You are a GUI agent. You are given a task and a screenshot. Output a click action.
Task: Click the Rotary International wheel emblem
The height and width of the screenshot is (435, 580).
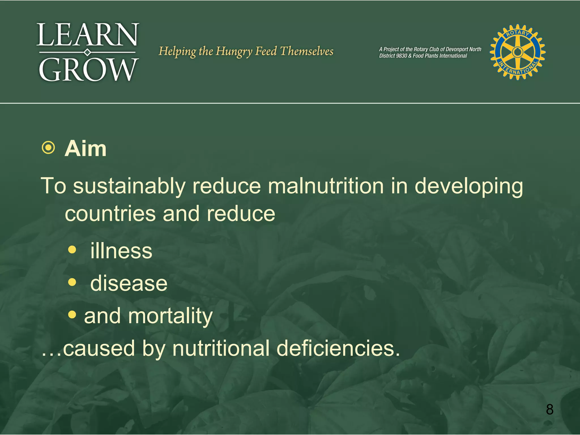click(x=517, y=52)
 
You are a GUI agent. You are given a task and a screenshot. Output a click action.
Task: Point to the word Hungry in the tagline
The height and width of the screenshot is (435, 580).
click(x=234, y=52)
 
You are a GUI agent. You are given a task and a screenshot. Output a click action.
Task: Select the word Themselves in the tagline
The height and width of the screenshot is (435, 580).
click(x=307, y=51)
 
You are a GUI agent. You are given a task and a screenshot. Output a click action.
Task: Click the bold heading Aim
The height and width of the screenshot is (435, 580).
click(x=86, y=148)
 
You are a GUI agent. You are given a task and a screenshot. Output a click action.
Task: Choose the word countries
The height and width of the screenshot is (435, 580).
click(x=110, y=214)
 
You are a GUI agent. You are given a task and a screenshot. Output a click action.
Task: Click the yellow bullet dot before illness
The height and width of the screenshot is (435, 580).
click(x=72, y=250)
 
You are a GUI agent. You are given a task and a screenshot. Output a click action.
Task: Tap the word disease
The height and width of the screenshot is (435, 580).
click(x=129, y=283)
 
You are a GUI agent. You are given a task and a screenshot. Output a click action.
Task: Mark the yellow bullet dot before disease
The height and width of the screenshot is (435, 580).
click(x=72, y=282)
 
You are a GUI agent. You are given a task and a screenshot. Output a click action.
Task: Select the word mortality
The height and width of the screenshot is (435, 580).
click(x=170, y=316)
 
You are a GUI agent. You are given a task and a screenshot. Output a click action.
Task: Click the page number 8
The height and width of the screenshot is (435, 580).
click(x=549, y=409)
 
